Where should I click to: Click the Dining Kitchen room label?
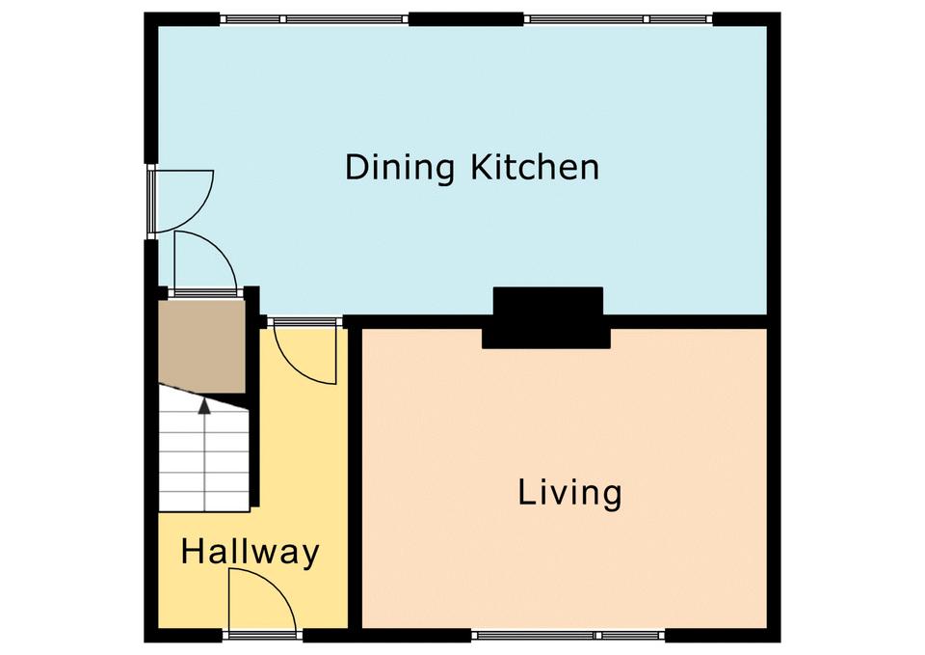click(472, 167)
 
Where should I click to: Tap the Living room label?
click(569, 493)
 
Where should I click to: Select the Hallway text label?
click(251, 552)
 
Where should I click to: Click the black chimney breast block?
click(546, 317)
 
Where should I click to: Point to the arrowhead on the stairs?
click(204, 405)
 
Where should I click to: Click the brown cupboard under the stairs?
click(201, 346)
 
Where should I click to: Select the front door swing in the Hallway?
click(262, 599)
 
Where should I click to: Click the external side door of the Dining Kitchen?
click(183, 201)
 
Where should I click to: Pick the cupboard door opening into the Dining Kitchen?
click(206, 262)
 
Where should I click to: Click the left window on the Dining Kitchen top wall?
click(314, 19)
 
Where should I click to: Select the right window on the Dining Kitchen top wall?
click(619, 19)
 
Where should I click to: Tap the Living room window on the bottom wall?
click(568, 636)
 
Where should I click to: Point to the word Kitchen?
click(535, 167)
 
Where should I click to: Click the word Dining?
click(399, 168)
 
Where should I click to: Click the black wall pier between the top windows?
click(466, 19)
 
